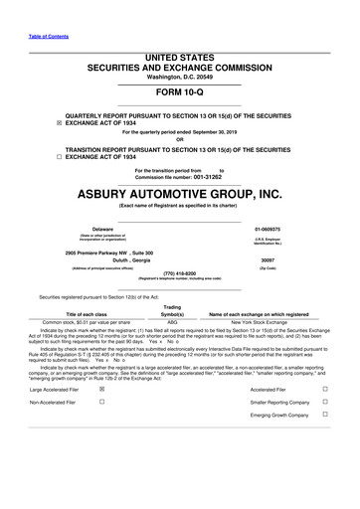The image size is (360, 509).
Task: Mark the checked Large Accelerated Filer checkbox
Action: point(102,392)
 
